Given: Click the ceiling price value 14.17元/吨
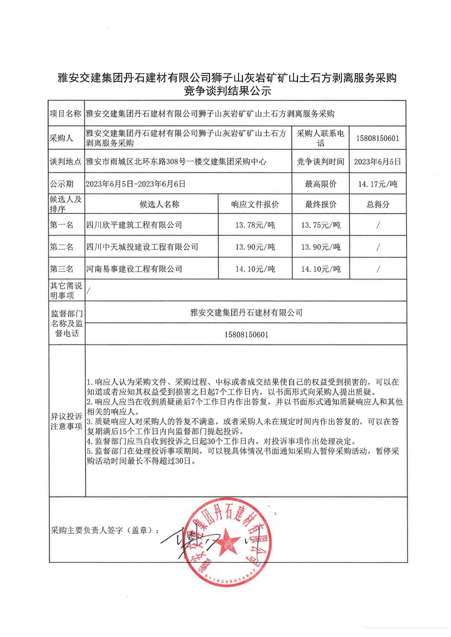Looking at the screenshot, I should (377, 184).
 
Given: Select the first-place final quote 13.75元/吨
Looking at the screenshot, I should (321, 225).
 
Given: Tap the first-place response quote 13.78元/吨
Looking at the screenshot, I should (255, 225).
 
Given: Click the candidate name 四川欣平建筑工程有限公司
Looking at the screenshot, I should (134, 225).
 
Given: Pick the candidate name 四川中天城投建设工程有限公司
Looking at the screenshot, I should (142, 247).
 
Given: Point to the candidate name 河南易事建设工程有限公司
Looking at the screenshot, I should (134, 269).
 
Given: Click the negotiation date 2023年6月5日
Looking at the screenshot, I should (377, 162).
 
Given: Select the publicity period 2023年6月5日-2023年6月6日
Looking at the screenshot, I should (136, 184).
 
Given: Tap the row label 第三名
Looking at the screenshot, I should (62, 269).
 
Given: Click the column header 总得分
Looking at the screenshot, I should (377, 204).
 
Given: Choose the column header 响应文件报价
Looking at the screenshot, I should (255, 204).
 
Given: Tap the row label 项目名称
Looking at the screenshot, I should (65, 114).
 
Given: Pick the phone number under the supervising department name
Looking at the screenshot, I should (246, 335).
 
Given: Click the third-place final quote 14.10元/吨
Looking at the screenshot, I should (321, 269).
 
